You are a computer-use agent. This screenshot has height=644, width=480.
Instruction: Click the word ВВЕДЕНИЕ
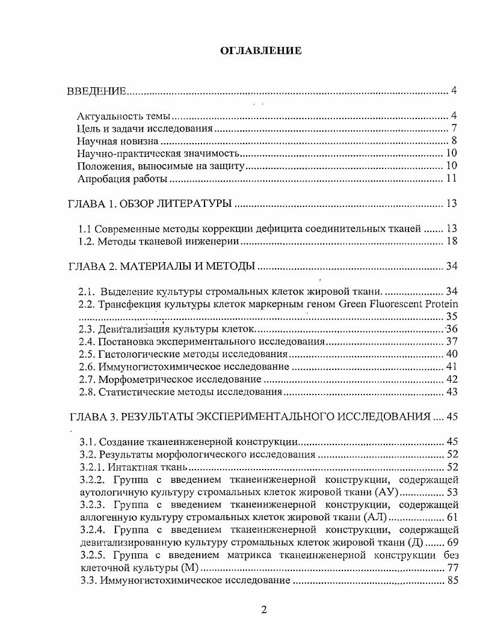pos(96,91)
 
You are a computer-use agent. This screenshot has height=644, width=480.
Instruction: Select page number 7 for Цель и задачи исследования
pos(455,129)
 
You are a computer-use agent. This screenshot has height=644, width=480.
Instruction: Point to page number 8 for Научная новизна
pos(455,141)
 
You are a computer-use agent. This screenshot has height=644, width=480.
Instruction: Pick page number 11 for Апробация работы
pos(452,179)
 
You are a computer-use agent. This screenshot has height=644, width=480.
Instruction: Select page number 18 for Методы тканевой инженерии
pos(452,242)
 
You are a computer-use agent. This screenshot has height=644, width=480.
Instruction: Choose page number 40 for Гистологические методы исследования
pos(452,354)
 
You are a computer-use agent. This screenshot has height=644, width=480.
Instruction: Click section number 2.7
pos(87,379)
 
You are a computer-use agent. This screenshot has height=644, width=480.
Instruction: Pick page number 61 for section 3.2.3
pos(452,517)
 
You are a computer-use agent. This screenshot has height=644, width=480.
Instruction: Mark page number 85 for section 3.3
pos(452,580)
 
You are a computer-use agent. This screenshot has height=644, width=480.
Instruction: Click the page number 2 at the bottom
pos(263,609)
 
